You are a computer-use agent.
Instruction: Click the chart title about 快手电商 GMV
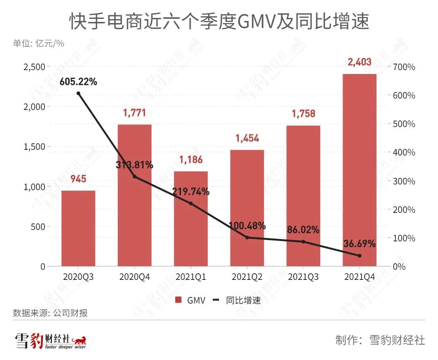pyautogui.click(x=219, y=21)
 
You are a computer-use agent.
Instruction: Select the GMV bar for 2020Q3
pyautogui.click(x=78, y=228)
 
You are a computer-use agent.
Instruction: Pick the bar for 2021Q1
pyautogui.click(x=191, y=219)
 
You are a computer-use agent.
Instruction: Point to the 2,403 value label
pyautogui.click(x=360, y=62)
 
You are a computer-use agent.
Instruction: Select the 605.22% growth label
pyautogui.click(x=79, y=81)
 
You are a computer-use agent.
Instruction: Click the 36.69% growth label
pyautogui.click(x=360, y=243)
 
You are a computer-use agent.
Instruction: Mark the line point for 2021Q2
pyautogui.click(x=247, y=237)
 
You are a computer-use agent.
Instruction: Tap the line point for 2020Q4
pyautogui.click(x=134, y=177)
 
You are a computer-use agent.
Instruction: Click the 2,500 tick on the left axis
pyautogui.click(x=34, y=67)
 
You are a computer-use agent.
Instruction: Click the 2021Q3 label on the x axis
pyautogui.click(x=303, y=277)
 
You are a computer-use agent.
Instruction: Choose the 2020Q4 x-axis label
pyautogui.click(x=134, y=277)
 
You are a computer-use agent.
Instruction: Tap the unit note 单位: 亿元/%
pyautogui.click(x=39, y=43)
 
